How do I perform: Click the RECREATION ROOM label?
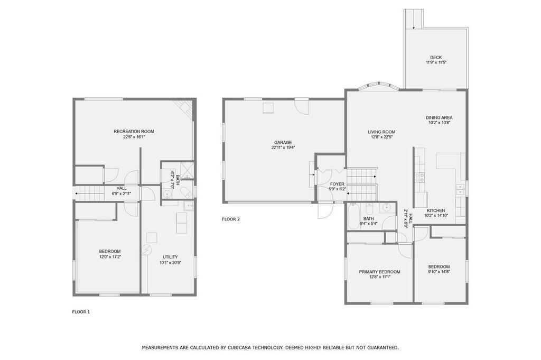point(134,131)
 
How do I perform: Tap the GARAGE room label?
point(283,142)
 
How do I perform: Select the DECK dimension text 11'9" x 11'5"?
point(436,63)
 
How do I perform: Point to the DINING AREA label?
point(439,117)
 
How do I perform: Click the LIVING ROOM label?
point(381,132)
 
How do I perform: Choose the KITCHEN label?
point(436,210)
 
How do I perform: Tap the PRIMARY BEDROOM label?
point(379,272)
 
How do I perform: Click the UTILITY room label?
point(171,257)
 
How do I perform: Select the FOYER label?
point(337,184)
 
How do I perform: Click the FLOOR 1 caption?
point(81,312)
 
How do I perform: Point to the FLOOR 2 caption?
point(231,219)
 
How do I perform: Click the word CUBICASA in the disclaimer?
point(240,347)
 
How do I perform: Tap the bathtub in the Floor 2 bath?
point(353,216)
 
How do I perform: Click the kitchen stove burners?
point(419,178)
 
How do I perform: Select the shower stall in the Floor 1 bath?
point(186,170)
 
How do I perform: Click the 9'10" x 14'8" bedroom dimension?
point(439,272)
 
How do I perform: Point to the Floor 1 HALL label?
point(122,188)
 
